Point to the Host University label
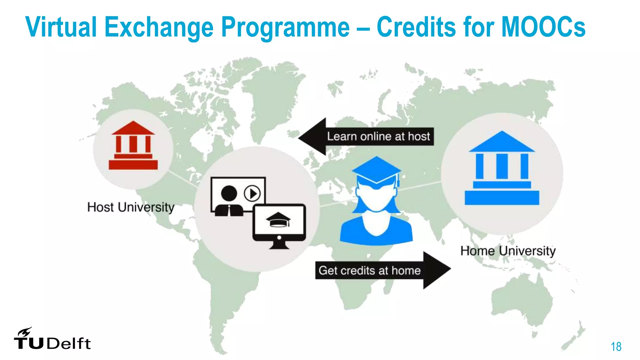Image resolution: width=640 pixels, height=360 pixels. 131,207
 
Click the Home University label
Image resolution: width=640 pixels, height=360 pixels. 508,251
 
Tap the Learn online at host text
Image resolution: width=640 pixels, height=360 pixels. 378,137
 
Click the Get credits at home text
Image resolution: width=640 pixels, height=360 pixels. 369,270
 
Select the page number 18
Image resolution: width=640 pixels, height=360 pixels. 616,347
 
